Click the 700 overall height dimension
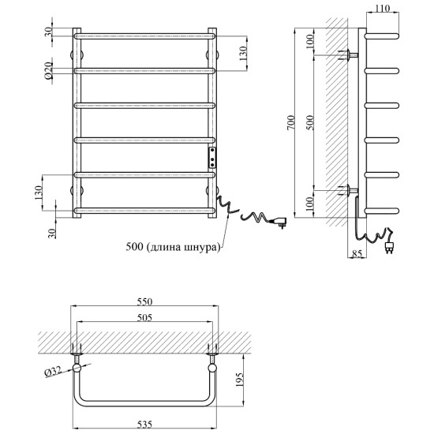(291, 122)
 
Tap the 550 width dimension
(144, 301)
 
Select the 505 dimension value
(144, 317)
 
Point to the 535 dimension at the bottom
(144, 424)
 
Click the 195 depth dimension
(239, 380)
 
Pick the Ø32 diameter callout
(53, 371)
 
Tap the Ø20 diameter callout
(48, 70)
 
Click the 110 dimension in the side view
(382, 9)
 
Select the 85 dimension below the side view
(357, 253)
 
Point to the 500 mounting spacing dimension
(311, 122)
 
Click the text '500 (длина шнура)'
(174, 246)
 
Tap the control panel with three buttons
(212, 157)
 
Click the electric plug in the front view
(279, 223)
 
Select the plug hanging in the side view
(389, 247)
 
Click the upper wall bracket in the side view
(348, 54)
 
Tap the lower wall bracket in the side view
(348, 190)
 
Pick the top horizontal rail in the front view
(144, 36)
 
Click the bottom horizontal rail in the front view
(144, 211)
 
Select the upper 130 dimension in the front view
(242, 54)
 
